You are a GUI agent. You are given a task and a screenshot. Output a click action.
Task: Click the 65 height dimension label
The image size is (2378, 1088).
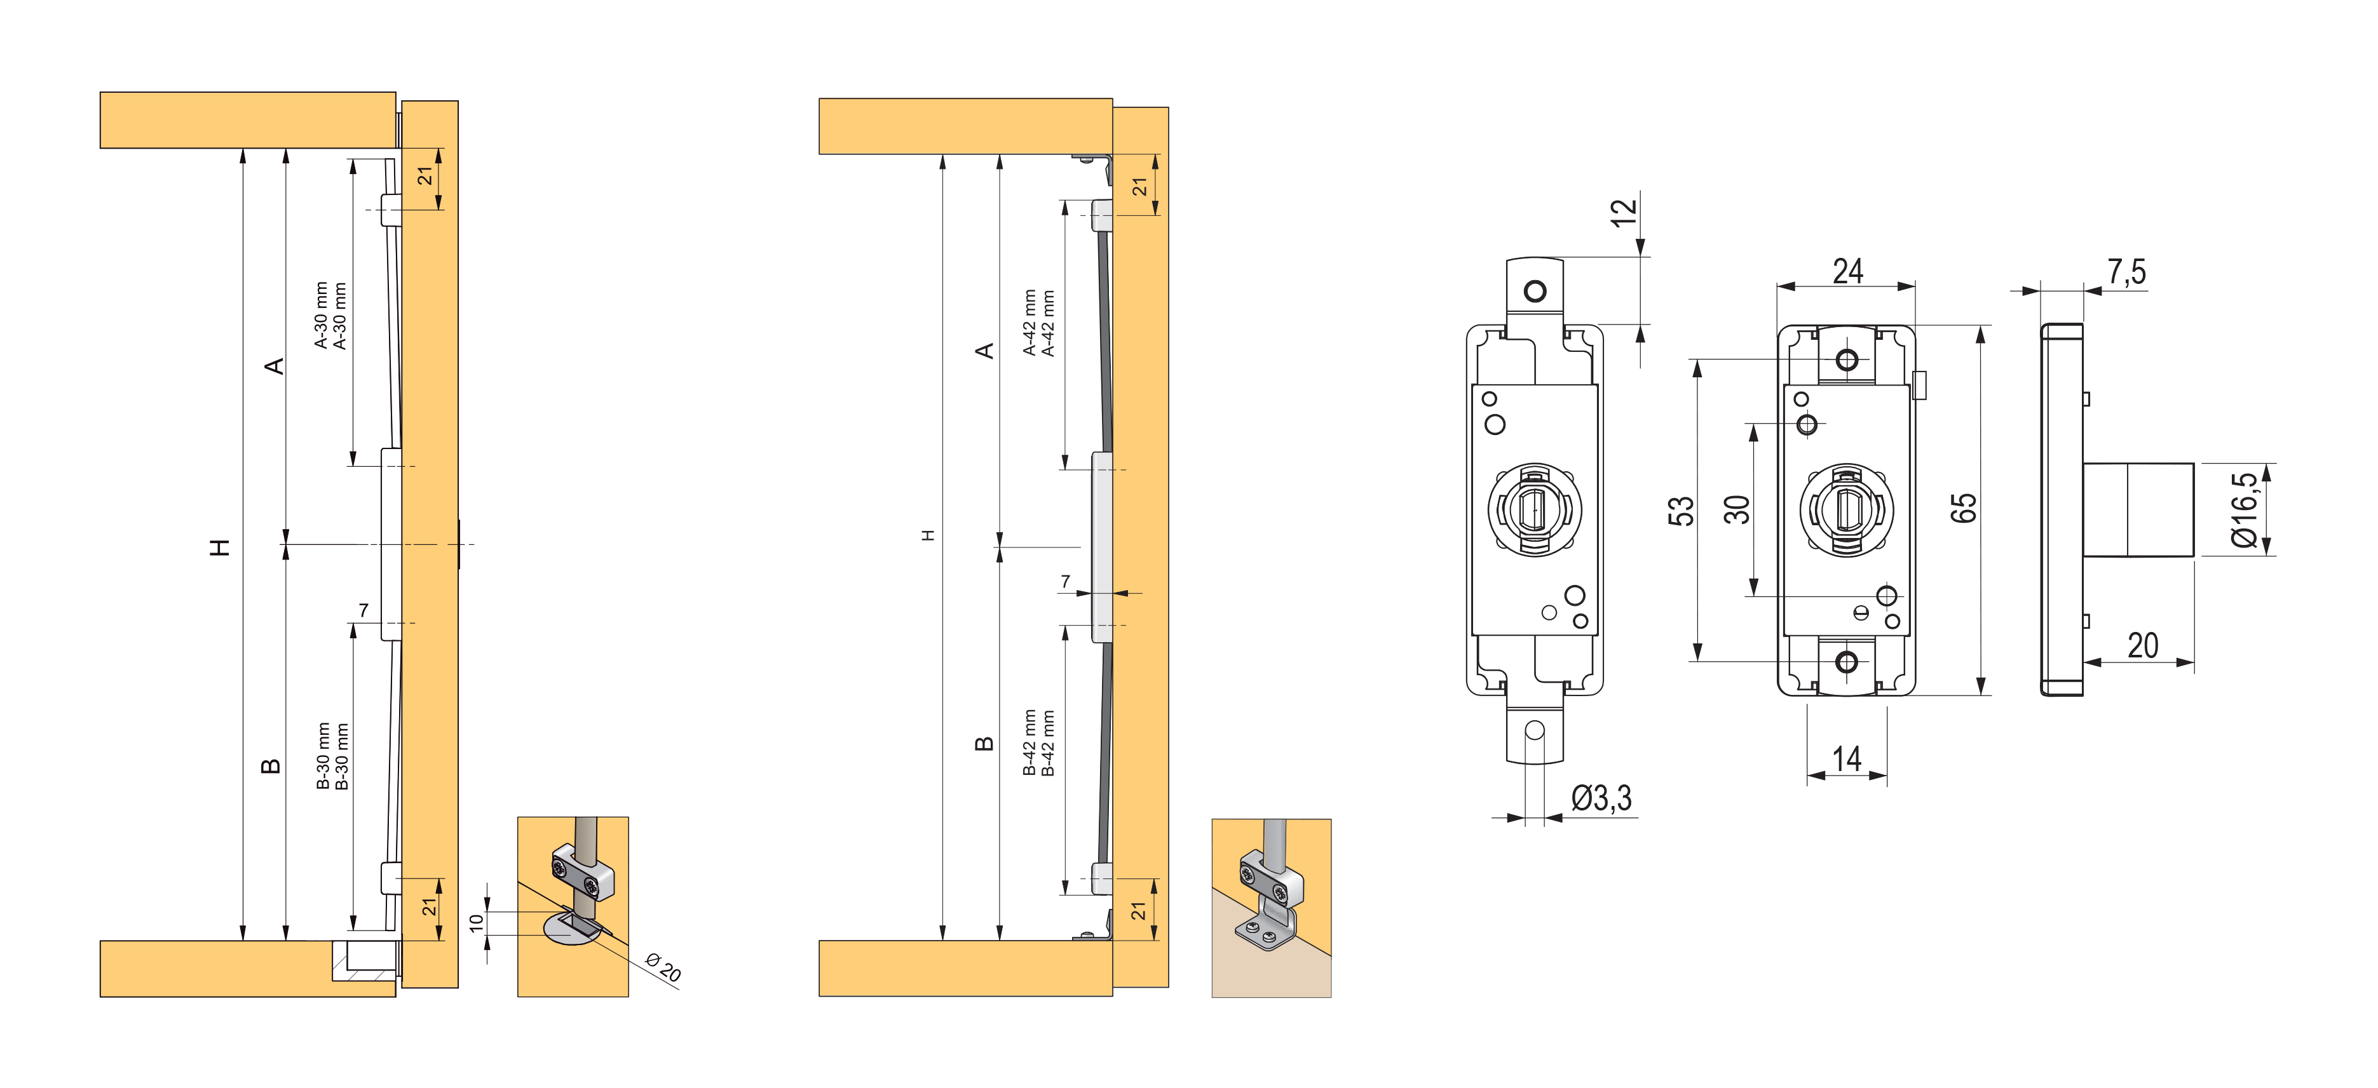point(1964,509)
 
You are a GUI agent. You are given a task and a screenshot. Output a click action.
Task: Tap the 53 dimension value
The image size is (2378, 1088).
point(1681,510)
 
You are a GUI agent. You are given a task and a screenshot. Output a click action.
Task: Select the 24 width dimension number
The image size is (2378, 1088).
point(1847,271)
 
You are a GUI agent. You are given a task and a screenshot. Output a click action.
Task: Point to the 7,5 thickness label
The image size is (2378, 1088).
point(2126,272)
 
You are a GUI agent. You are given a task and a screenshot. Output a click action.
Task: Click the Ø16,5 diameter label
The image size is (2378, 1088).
point(2243,509)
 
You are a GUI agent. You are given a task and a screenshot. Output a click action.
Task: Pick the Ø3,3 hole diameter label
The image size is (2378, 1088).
point(1601,797)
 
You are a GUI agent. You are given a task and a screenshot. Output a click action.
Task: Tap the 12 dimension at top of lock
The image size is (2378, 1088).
point(1623,212)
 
